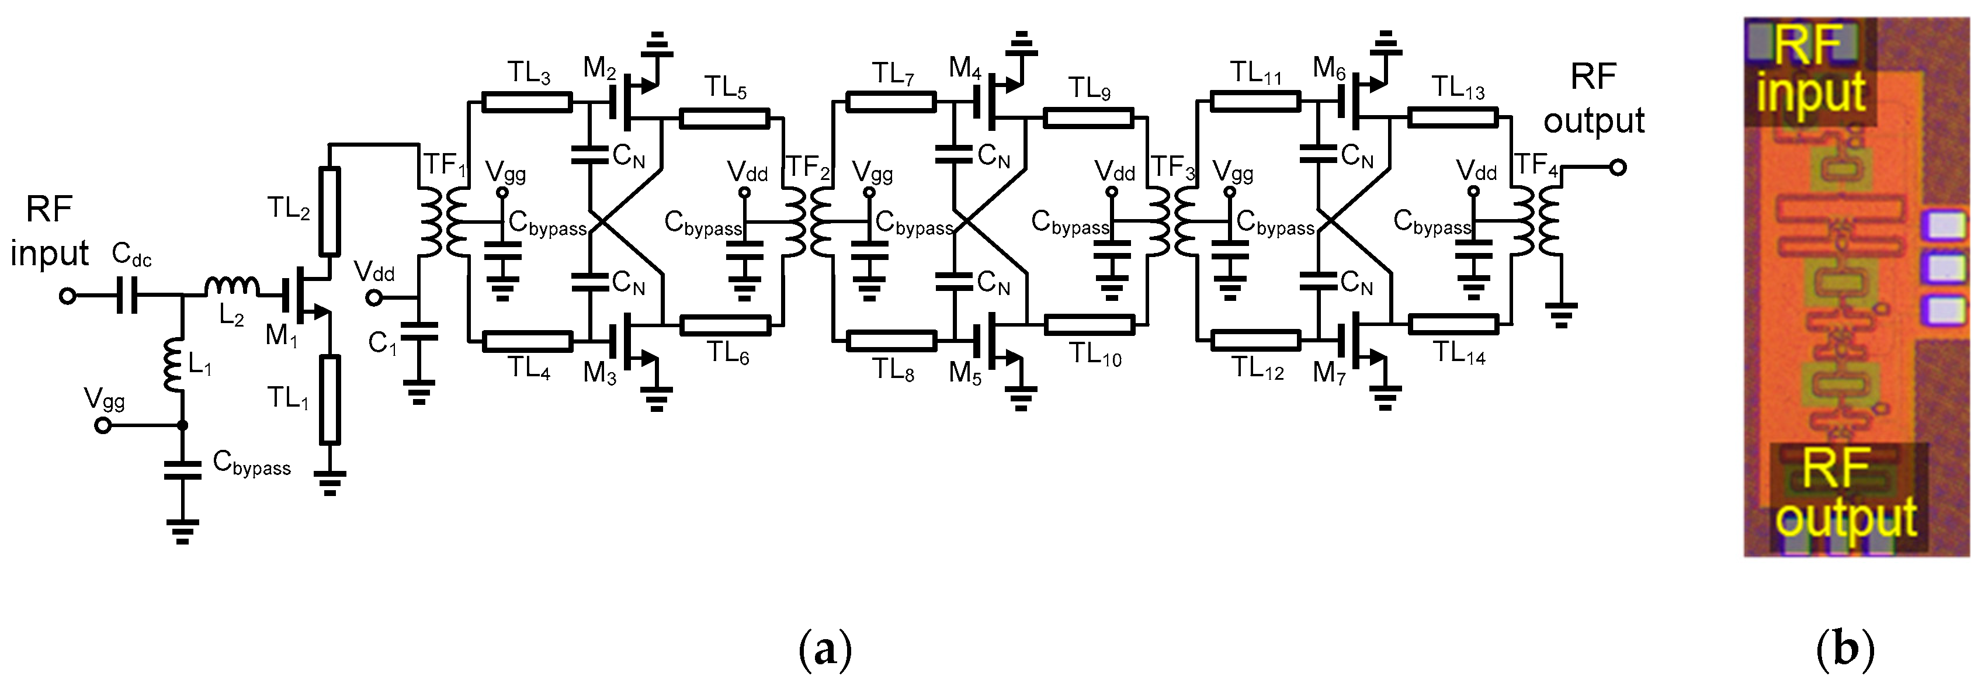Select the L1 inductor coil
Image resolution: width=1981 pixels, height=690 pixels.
172,365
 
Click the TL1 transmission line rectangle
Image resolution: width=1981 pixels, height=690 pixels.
330,399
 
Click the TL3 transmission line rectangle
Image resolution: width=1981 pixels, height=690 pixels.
528,102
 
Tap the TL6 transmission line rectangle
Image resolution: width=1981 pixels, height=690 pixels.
725,325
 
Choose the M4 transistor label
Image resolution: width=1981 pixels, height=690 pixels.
965,68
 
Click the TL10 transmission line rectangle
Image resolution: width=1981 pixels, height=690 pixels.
1089,325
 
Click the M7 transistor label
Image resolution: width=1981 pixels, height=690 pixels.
1329,373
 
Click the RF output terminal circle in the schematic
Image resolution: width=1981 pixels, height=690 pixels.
1618,168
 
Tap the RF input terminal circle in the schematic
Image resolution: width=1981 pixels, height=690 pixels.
68,296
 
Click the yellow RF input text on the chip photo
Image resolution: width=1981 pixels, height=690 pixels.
1809,77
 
